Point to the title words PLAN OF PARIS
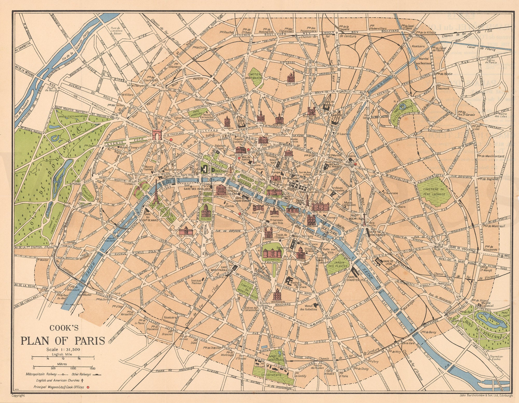[x=63, y=340]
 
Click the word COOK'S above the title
[x=63, y=329]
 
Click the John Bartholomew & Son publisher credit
[x=485, y=395]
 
